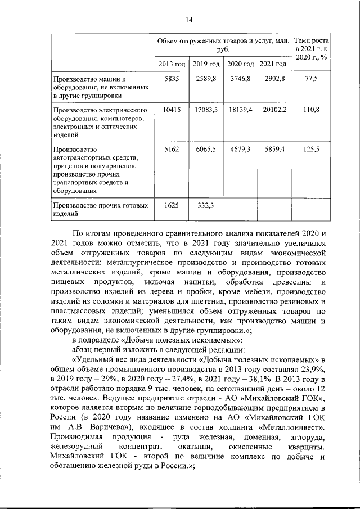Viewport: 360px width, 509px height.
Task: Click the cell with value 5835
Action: (170, 79)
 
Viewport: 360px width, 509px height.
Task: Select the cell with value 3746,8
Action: (240, 79)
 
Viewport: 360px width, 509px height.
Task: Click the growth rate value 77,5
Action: (311, 79)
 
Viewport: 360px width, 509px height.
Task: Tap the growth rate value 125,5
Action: (311, 149)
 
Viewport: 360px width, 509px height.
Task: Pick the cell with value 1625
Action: (170, 205)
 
